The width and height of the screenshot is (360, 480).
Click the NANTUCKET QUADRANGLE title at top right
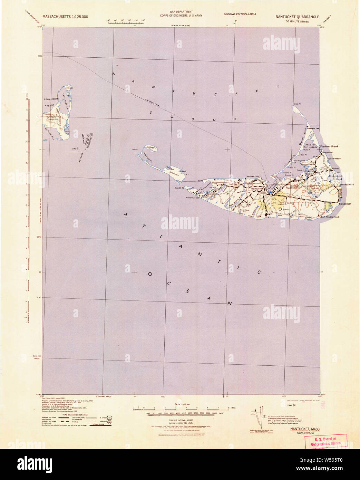pyautogui.click(x=297, y=17)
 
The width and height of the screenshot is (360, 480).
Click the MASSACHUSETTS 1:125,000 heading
pyautogui.click(x=65, y=17)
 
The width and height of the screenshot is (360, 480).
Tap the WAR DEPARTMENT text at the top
pyautogui.click(x=181, y=12)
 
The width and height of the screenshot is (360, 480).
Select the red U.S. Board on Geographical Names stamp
pyautogui.click(x=325, y=441)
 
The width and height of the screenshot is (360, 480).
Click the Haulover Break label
pyautogui.click(x=329, y=146)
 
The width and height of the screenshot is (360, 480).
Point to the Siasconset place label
pyautogui.click(x=345, y=204)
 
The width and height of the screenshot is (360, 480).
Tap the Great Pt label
pyautogui.click(x=297, y=104)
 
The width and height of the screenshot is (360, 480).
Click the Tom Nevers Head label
pyautogui.click(x=330, y=217)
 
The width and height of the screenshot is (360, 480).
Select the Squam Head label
pyautogui.click(x=334, y=159)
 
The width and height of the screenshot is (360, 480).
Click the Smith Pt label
pyautogui.click(x=178, y=188)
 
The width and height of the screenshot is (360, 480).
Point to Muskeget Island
pyautogui.click(x=151, y=148)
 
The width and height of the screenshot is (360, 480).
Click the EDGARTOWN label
pyautogui.click(x=50, y=99)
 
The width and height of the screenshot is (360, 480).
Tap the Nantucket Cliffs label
pyautogui.click(x=253, y=176)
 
